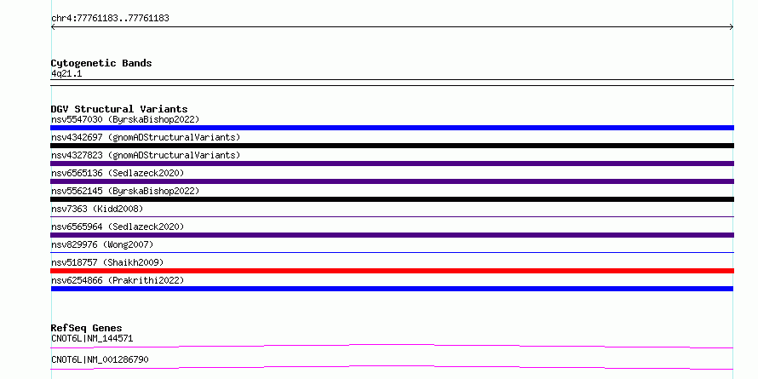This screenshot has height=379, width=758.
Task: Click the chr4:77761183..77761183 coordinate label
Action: pyautogui.click(x=110, y=19)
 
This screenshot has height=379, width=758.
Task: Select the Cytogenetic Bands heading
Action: pyautogui.click(x=101, y=63)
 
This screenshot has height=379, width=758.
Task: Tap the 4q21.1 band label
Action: pyautogui.click(x=66, y=74)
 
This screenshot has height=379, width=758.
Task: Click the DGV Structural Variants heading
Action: pyautogui.click(x=119, y=109)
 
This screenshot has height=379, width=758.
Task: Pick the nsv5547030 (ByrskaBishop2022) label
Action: pyautogui.click(x=125, y=119)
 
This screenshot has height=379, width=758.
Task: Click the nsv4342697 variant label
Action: pyautogui.click(x=146, y=137)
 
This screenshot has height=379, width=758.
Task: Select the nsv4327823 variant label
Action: pyautogui.click(x=146, y=155)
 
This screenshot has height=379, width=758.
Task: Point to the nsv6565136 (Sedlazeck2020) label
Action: pyautogui.click(x=118, y=173)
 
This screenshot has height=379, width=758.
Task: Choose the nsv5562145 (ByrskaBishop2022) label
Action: pyautogui.click(x=125, y=191)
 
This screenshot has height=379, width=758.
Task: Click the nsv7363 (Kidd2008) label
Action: pyautogui.click(x=97, y=209)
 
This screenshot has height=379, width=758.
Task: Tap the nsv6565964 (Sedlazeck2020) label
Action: pyautogui.click(x=118, y=227)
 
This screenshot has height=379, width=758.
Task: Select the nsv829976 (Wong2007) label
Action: pyautogui.click(x=102, y=244)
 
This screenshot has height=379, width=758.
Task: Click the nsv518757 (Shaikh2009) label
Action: pyautogui.click(x=107, y=262)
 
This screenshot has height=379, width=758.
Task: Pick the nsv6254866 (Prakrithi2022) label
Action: pyautogui.click(x=118, y=280)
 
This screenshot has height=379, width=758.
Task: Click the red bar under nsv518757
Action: pyautogui.click(x=392, y=271)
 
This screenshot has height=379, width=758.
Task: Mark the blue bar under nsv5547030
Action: pyautogui.click(x=392, y=128)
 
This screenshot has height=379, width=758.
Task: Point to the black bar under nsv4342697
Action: pyautogui.click(x=392, y=146)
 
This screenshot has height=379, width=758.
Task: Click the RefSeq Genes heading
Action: pyautogui.click(x=86, y=328)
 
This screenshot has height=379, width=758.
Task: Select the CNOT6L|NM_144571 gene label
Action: pyautogui.click(x=92, y=339)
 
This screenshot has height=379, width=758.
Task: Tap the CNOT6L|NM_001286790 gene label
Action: pyautogui.click(x=100, y=360)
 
